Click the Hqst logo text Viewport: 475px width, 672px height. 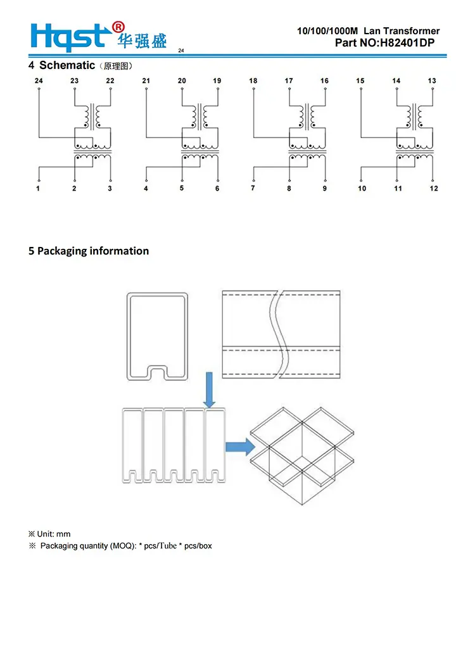[x=68, y=37]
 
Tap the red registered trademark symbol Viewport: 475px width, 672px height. [x=118, y=27]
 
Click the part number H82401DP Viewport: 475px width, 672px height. [x=407, y=43]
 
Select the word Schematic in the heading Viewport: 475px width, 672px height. [x=67, y=65]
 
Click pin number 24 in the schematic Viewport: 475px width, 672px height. [x=39, y=80]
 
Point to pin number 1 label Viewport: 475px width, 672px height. [x=38, y=188]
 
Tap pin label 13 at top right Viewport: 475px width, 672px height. [x=432, y=80]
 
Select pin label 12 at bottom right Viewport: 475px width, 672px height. [x=434, y=188]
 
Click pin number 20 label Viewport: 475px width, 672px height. [x=182, y=80]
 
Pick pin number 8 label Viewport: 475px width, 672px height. [x=289, y=188]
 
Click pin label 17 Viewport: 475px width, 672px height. [x=289, y=80]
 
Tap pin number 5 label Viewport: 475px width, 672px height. [x=182, y=188]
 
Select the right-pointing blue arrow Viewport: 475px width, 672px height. [x=241, y=447]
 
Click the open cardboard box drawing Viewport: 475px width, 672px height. [x=302, y=455]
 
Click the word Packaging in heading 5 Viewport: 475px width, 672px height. [x=64, y=251]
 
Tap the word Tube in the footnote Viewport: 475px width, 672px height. [x=168, y=545]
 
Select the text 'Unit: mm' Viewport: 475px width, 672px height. [x=54, y=534]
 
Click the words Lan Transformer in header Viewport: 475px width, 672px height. [x=402, y=31]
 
